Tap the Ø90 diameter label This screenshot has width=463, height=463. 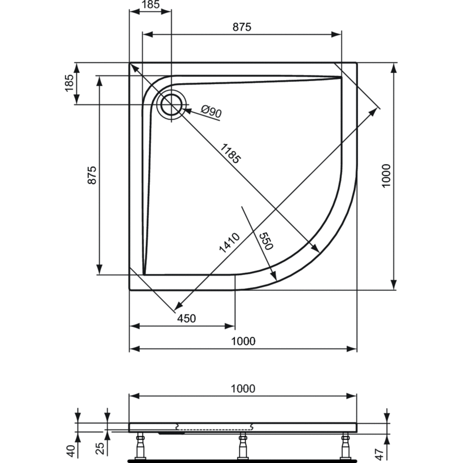(x=211, y=111)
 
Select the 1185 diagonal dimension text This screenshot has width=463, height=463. (x=231, y=153)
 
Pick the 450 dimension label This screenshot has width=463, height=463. (x=186, y=318)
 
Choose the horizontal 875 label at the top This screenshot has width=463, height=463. (x=242, y=27)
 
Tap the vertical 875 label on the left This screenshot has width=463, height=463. (x=92, y=175)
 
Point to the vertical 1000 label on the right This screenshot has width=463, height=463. (x=386, y=175)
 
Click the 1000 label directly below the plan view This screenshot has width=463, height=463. (x=243, y=341)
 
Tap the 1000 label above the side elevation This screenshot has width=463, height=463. (x=243, y=389)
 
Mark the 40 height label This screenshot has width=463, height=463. (x=71, y=451)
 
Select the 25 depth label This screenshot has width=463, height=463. (x=101, y=449)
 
